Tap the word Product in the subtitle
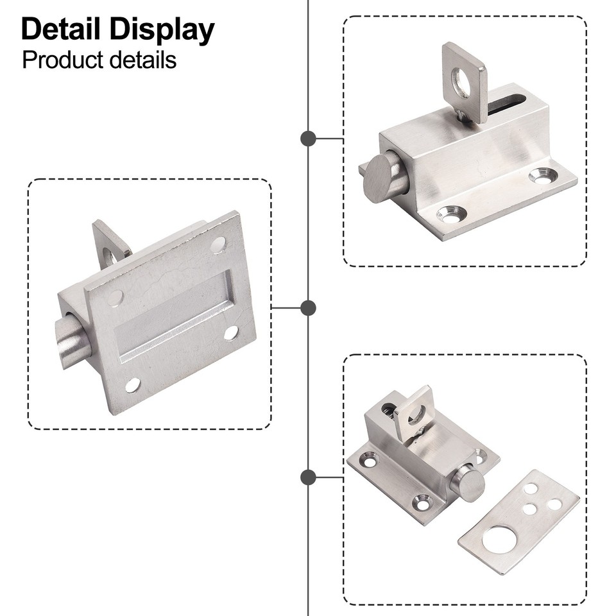click(x=62, y=60)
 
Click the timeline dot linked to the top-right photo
click(x=308, y=138)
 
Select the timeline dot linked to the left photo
click(x=308, y=308)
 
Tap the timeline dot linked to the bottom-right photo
click(x=308, y=477)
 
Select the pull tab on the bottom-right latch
click(x=412, y=412)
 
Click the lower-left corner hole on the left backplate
click(x=132, y=385)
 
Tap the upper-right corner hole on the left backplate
click(x=218, y=244)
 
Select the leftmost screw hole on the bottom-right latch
click(x=370, y=459)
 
